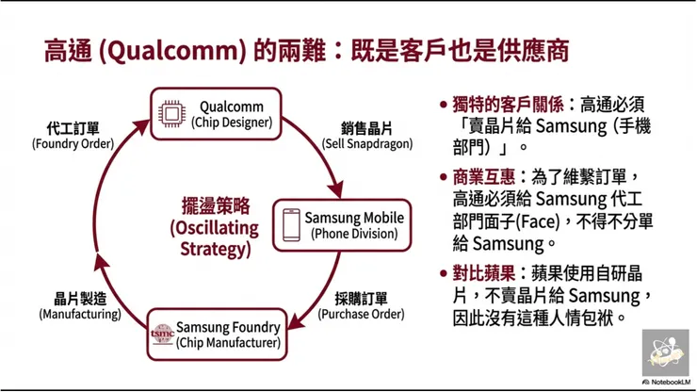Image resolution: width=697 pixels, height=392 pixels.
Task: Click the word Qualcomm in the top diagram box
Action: click(232, 106)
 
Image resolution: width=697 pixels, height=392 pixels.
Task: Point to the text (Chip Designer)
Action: click(232, 122)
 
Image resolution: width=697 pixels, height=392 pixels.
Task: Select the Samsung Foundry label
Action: click(228, 327)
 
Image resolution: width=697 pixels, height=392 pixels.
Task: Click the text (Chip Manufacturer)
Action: click(228, 343)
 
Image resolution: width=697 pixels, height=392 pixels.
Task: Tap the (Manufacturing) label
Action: click(79, 314)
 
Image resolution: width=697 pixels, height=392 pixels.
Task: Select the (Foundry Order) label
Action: click(73, 144)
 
